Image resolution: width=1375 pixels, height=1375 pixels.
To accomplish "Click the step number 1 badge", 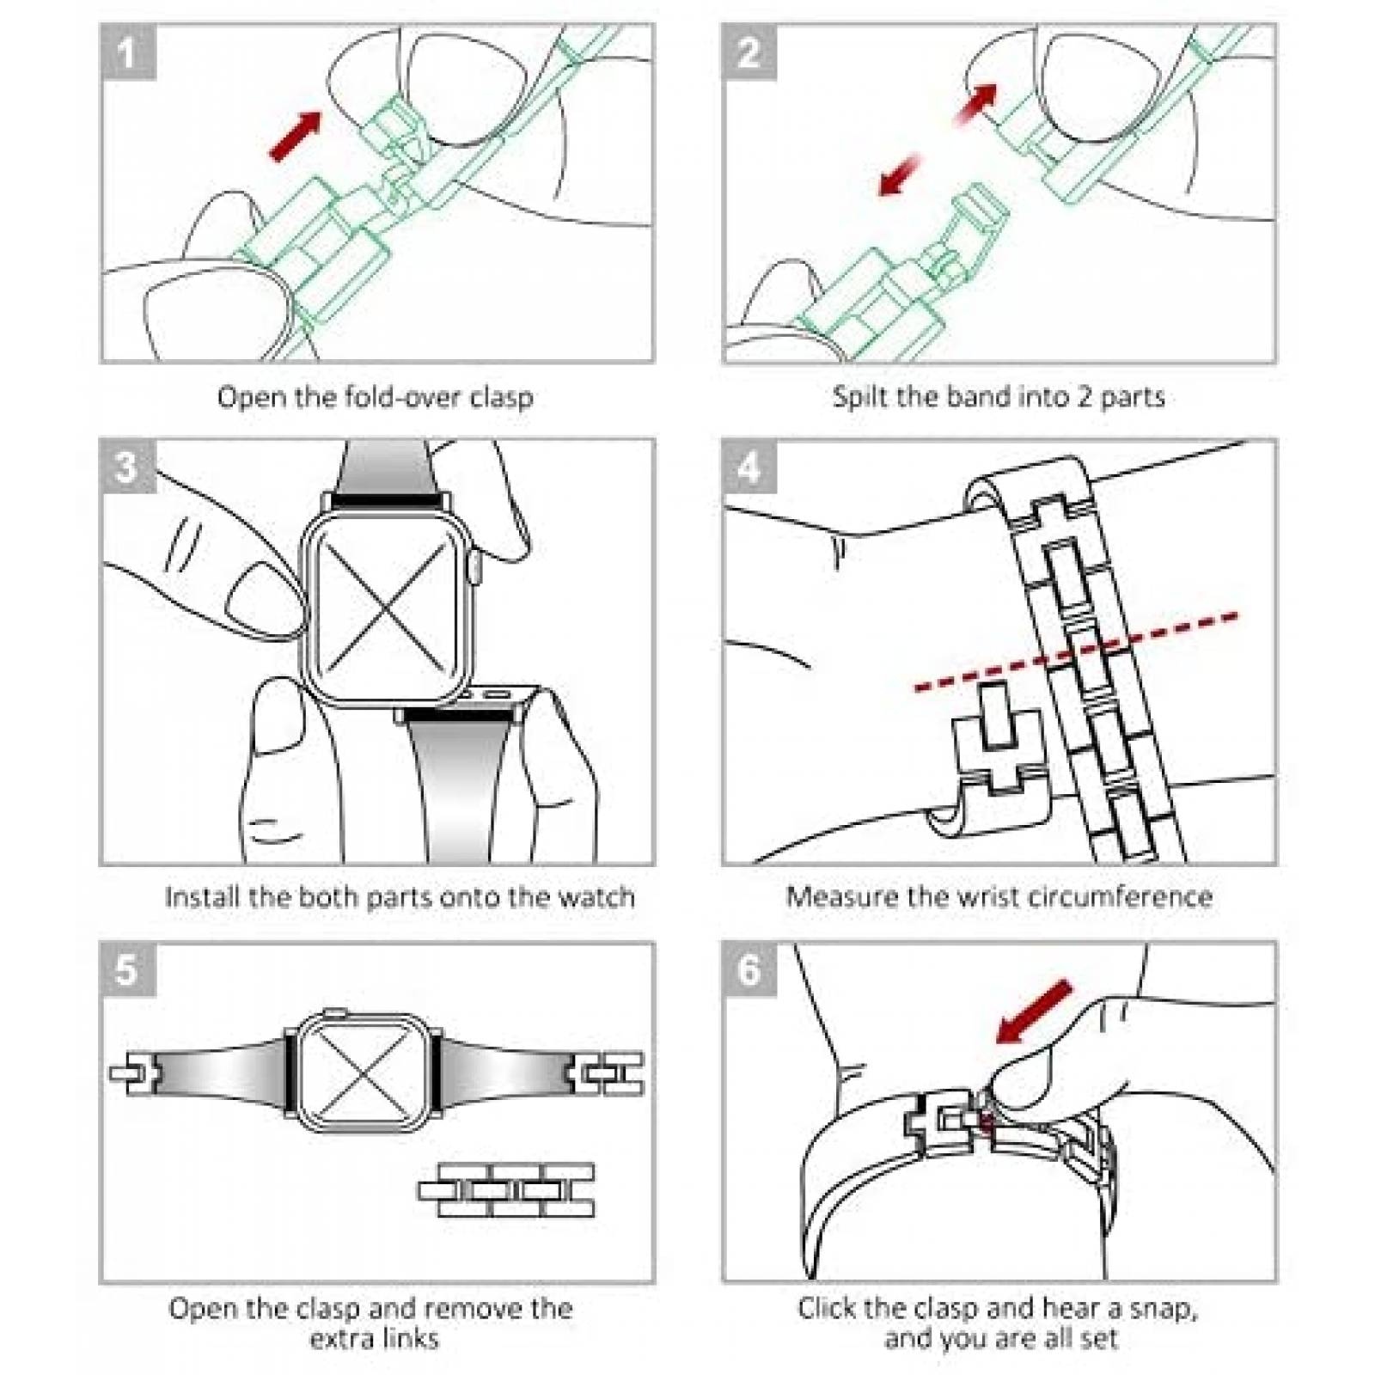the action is (128, 52).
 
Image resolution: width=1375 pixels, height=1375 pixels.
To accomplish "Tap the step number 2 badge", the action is (749, 52).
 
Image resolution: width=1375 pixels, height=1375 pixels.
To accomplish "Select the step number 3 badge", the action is (128, 467).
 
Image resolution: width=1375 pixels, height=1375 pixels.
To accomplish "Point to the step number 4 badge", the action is (749, 467).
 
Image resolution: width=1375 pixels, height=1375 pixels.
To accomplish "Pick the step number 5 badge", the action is (128, 969).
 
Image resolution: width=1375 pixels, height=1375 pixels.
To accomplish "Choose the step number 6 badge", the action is (749, 969).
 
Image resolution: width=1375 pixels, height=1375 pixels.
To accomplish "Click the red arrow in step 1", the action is (295, 136).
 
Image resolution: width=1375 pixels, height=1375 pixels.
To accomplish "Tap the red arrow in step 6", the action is (1034, 1011).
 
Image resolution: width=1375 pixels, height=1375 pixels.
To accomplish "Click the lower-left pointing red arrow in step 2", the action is (899, 174).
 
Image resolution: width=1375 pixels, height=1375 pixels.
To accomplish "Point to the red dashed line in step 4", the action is (1076, 651).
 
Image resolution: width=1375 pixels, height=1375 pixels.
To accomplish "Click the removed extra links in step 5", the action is (506, 1190).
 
